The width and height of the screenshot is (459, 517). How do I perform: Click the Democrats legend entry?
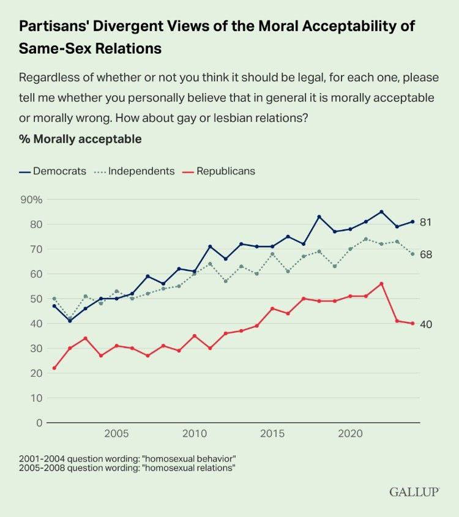tap(53, 171)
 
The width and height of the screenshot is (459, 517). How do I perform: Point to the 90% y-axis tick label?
tap(31, 199)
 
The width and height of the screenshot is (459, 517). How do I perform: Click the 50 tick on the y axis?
tap(36, 299)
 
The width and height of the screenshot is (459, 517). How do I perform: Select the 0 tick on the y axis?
tap(39, 423)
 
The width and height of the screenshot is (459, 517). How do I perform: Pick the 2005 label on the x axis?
tap(116, 434)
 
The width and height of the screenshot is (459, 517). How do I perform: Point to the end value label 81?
tap(426, 222)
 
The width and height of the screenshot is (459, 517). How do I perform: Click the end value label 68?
tap(426, 254)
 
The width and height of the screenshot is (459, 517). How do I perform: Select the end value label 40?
tap(426, 324)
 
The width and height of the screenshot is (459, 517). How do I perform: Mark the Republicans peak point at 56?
tap(381, 283)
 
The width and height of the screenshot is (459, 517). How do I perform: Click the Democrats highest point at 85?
tap(381, 212)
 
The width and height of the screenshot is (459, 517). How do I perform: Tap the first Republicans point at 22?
tap(54, 368)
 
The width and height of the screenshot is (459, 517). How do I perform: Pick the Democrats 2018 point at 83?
tap(319, 217)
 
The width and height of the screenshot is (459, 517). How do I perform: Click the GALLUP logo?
tap(414, 492)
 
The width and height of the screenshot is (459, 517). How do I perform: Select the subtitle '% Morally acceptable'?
tap(80, 139)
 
